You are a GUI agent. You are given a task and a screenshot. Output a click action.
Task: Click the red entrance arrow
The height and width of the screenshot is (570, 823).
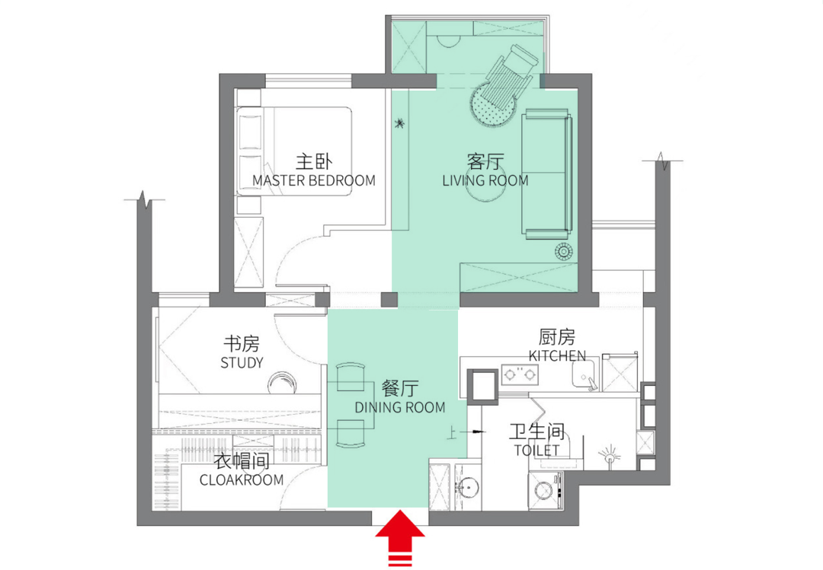tap(400, 537)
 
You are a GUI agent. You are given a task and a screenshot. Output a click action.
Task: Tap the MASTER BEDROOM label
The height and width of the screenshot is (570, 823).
tap(314, 181)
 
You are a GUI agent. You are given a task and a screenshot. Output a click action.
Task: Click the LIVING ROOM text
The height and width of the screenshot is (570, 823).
tap(485, 181)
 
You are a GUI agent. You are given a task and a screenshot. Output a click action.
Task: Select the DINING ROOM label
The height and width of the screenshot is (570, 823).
tap(400, 407)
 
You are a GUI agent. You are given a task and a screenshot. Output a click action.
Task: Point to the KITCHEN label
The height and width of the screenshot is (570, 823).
tap(557, 356)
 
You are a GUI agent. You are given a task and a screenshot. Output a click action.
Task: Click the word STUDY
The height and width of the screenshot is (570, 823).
tap(242, 362)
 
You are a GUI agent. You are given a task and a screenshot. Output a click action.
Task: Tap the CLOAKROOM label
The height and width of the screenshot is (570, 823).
tap(242, 479)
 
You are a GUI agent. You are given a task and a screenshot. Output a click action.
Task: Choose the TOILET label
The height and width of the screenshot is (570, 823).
tap(536, 450)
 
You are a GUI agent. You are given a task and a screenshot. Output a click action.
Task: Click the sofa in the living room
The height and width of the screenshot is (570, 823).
tap(546, 174)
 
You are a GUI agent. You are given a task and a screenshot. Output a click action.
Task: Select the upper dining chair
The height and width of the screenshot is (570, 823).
tap(351, 377)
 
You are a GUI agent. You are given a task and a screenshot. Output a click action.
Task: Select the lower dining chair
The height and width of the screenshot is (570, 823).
tap(351, 434)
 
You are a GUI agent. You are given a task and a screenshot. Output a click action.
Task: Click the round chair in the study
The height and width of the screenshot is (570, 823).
tap(282, 383)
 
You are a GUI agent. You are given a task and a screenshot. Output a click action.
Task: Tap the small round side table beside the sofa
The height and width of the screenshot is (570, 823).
tap(563, 252)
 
